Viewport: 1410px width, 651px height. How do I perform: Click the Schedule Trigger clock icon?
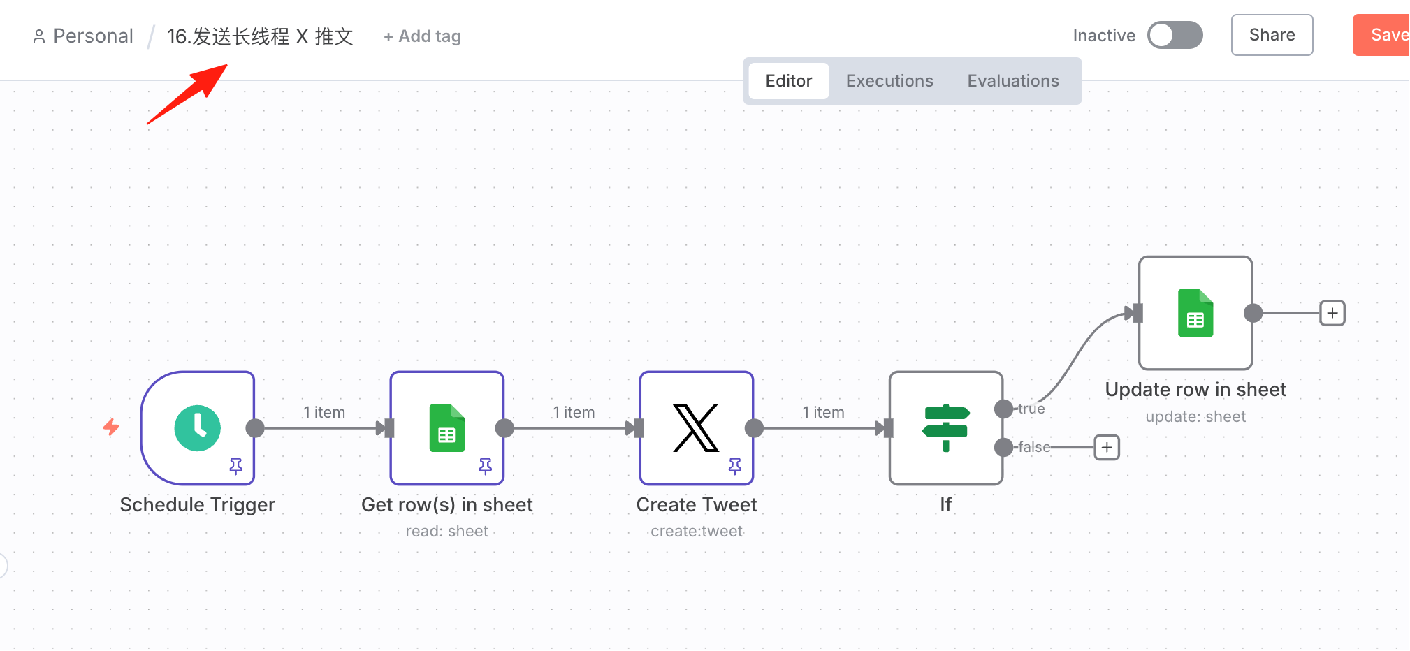click(x=197, y=427)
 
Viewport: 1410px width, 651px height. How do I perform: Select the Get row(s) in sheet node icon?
click(x=447, y=427)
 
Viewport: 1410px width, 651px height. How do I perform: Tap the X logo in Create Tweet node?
click(x=696, y=427)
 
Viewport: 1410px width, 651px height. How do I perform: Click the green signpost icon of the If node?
click(x=946, y=427)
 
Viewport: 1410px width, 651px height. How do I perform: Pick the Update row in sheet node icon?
click(x=1195, y=313)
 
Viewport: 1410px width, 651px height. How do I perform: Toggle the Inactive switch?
click(x=1175, y=35)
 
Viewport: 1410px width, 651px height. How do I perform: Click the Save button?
click(x=1382, y=35)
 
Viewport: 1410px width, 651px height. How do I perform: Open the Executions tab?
click(x=889, y=81)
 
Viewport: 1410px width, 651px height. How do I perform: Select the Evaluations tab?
click(x=1013, y=81)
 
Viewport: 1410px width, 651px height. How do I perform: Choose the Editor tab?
click(x=789, y=81)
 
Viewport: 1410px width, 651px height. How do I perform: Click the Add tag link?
click(x=423, y=36)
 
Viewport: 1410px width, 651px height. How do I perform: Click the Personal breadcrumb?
click(x=83, y=36)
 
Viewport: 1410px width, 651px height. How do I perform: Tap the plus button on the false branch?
click(x=1107, y=447)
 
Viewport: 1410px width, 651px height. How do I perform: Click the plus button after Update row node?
click(x=1332, y=313)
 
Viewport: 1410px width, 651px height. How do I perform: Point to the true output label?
click(x=1031, y=409)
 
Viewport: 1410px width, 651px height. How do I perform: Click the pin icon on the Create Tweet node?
click(x=735, y=466)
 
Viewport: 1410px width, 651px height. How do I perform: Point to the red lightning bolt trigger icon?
click(x=111, y=427)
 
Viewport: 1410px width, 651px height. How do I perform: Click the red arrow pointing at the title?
click(x=187, y=94)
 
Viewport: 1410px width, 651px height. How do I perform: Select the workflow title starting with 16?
click(x=260, y=36)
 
